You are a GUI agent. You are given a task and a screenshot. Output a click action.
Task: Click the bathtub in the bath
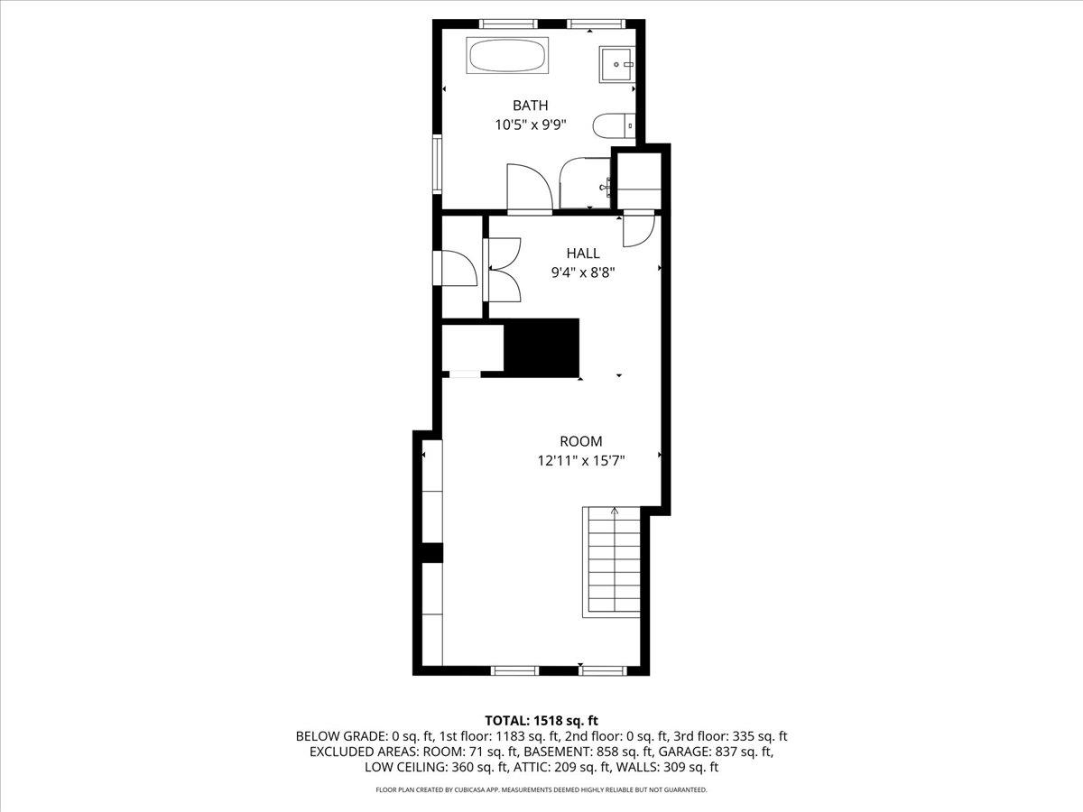(x=507, y=56)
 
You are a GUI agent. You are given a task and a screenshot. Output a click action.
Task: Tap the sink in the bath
(x=616, y=65)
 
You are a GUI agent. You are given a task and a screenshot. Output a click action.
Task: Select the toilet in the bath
(x=614, y=126)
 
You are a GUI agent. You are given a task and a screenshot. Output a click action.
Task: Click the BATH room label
(x=531, y=106)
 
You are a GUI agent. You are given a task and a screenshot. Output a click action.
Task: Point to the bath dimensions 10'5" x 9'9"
(x=531, y=125)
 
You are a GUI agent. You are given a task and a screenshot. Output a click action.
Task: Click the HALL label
(x=583, y=254)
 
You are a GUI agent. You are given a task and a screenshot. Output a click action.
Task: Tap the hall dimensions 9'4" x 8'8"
(x=583, y=272)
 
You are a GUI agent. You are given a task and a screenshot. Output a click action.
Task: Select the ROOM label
(x=581, y=441)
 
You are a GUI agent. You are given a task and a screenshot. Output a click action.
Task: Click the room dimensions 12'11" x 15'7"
(x=581, y=461)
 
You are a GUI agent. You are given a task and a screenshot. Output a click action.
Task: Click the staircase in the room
(x=611, y=561)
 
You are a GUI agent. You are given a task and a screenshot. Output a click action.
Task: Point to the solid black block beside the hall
(x=541, y=348)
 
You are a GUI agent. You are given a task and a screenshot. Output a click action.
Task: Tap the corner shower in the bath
(x=585, y=183)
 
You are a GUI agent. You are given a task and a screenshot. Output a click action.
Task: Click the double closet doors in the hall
(x=503, y=270)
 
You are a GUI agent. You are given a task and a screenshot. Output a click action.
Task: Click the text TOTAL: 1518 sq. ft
(x=541, y=721)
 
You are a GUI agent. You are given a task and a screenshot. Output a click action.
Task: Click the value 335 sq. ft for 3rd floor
(x=759, y=736)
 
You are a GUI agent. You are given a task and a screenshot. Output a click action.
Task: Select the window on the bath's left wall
(x=437, y=163)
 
